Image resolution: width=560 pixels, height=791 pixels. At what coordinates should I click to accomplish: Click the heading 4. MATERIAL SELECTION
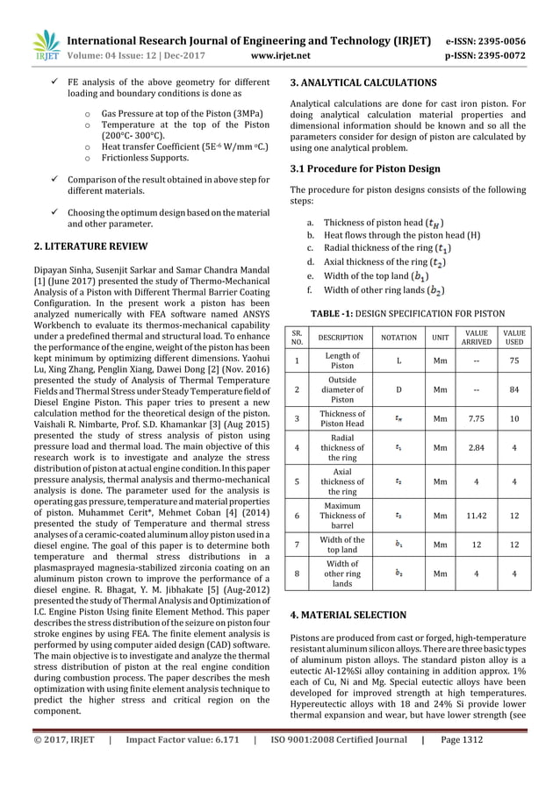pos(348,615)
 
